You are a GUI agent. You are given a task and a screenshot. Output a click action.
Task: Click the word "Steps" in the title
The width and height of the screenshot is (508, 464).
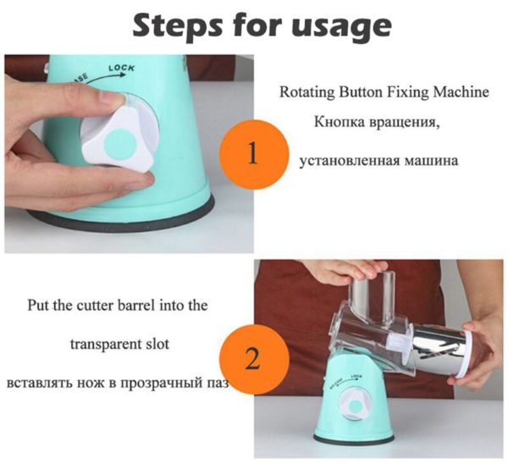coord(178,25)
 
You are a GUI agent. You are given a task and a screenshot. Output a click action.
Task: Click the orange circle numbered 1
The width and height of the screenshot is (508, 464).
coord(253,154)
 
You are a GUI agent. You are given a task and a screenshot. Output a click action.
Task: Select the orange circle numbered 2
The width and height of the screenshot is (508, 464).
coord(254,360)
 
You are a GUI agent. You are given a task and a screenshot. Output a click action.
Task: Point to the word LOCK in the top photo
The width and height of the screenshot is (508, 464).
coord(121,68)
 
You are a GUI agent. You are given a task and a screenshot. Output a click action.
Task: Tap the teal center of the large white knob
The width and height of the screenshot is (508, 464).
coord(119,145)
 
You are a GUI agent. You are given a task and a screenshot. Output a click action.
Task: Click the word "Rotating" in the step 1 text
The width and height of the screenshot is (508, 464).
coord(306,92)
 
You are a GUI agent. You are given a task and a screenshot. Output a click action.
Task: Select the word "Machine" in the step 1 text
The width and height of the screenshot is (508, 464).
coord(461,92)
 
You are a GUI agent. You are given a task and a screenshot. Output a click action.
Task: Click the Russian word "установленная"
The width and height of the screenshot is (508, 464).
coord(349,161)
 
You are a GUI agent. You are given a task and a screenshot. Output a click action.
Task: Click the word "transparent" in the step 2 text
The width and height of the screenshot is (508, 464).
coord(103,344)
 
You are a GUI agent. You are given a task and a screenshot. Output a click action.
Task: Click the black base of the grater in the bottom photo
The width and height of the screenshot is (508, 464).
coord(354,438)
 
